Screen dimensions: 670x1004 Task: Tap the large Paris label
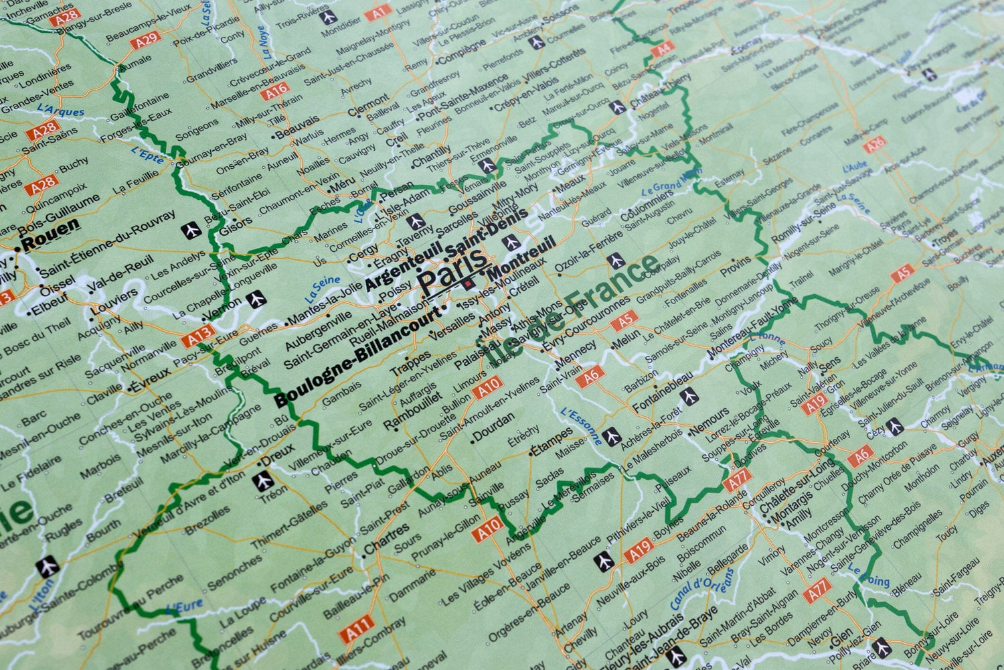tap(452, 271)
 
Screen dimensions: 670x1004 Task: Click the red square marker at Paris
tap(467, 285)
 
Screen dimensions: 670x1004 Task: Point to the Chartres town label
tap(386, 540)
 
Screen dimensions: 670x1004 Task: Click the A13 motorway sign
tap(199, 334)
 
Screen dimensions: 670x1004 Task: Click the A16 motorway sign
tap(275, 90)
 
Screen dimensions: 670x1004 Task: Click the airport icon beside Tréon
tap(264, 480)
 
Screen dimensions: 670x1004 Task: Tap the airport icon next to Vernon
tap(255, 299)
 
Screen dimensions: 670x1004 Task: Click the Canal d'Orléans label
tap(702, 590)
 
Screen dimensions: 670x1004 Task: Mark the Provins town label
tap(736, 267)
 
